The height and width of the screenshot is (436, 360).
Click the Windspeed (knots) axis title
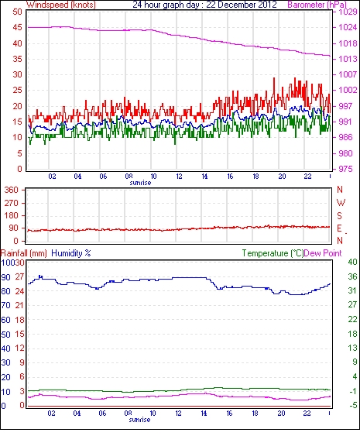click(61, 5)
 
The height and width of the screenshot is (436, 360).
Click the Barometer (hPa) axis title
click(317, 5)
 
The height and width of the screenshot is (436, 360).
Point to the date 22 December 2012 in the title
click(242, 5)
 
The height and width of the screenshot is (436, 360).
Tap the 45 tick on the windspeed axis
click(17, 28)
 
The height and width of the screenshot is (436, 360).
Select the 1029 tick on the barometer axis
click(348, 12)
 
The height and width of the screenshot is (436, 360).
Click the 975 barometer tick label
click(345, 169)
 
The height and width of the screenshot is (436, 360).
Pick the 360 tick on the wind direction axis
click(12, 191)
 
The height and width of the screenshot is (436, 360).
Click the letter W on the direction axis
click(341, 203)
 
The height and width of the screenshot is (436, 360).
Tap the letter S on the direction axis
click(339, 216)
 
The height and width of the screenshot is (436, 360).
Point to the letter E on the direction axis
click(339, 228)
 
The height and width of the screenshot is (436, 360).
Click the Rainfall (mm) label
click(24, 253)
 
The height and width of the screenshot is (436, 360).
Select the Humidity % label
click(71, 253)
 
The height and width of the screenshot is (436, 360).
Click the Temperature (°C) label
click(273, 253)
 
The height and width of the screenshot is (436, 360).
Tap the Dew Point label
click(323, 253)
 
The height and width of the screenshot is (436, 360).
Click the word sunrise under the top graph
click(140, 183)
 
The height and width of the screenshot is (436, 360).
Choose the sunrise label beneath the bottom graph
click(139, 420)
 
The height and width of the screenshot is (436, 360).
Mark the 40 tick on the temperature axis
click(352, 262)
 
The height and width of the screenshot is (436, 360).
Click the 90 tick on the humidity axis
click(6, 277)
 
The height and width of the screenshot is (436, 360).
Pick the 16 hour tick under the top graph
click(230, 177)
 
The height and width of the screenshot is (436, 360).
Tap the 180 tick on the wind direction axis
click(12, 216)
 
